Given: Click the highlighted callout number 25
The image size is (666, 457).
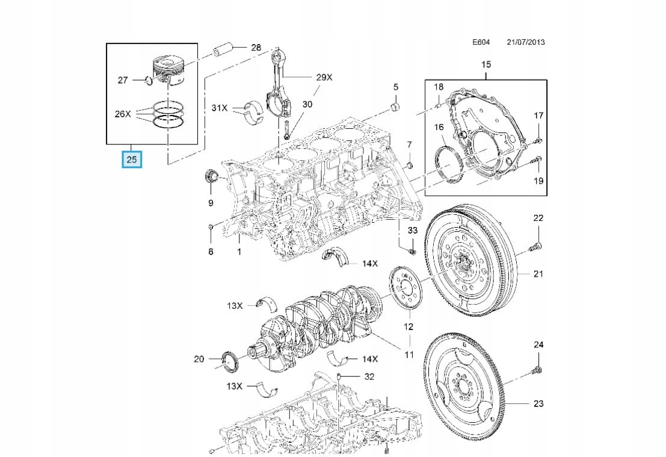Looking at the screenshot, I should pyautogui.click(x=132, y=159).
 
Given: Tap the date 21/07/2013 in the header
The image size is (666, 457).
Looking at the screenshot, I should pyautogui.click(x=526, y=43).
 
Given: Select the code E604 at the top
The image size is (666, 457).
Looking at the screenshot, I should pyautogui.click(x=481, y=43).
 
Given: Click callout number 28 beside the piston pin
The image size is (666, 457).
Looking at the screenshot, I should pyautogui.click(x=256, y=47).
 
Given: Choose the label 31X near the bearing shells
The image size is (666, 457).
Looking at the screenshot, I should pyautogui.click(x=220, y=108).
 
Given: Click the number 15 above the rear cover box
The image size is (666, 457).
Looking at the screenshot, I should pyautogui.click(x=486, y=64).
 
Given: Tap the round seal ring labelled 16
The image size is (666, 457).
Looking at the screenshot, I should pyautogui.click(x=449, y=162).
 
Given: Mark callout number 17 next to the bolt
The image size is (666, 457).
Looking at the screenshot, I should pyautogui.click(x=538, y=115).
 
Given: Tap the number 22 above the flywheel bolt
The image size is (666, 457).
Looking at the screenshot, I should pyautogui.click(x=538, y=217).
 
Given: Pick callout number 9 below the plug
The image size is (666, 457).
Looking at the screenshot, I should pyautogui.click(x=211, y=203).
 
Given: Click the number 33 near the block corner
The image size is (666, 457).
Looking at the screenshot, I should pyautogui.click(x=412, y=231).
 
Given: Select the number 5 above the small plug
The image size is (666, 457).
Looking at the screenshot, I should pyautogui.click(x=396, y=87).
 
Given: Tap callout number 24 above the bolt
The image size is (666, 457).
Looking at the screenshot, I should pyautogui.click(x=538, y=344).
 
